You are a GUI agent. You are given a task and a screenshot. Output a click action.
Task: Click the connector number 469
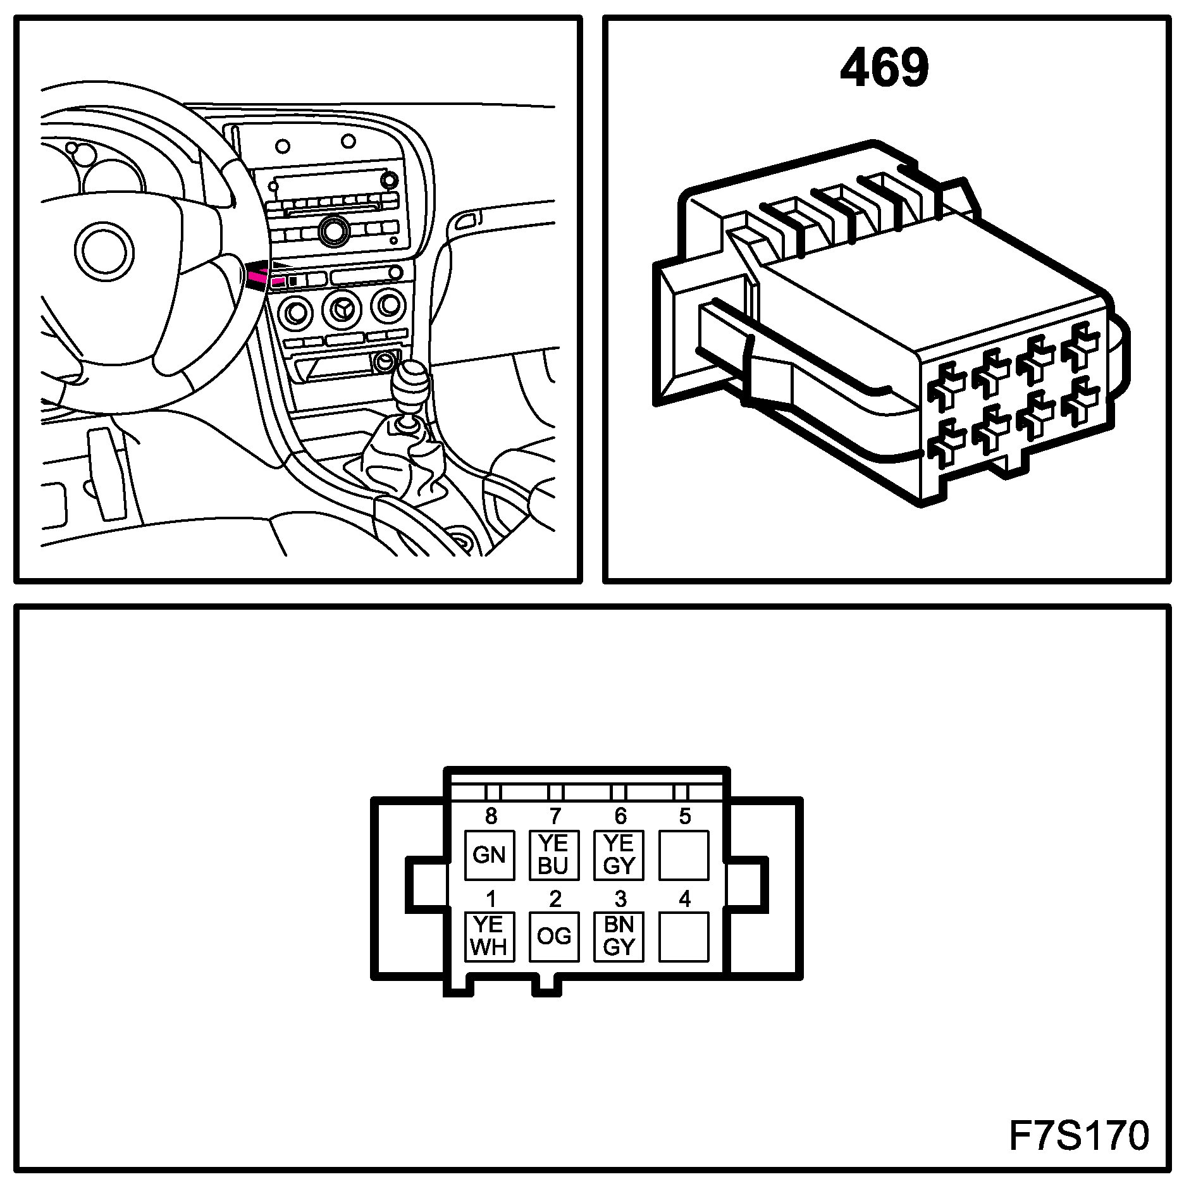click(x=884, y=67)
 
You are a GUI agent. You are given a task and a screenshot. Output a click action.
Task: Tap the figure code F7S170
click(x=1078, y=1135)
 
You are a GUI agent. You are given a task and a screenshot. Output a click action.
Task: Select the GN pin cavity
click(x=489, y=855)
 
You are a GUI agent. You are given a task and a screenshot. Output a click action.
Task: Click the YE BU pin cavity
click(x=553, y=855)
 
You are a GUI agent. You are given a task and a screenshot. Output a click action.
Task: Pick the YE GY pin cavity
click(x=619, y=855)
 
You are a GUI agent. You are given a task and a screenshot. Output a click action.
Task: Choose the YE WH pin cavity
click(x=489, y=936)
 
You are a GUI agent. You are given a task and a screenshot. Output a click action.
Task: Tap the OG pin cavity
click(x=553, y=936)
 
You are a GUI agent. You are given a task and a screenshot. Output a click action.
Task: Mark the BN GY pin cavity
click(x=619, y=936)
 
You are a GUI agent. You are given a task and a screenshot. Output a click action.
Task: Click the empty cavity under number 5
click(x=684, y=855)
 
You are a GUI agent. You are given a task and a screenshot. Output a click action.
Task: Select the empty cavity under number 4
click(x=684, y=936)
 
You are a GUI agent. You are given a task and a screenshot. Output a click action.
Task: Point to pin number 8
click(x=491, y=817)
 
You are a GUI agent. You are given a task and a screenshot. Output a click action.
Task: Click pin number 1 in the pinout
click(x=490, y=899)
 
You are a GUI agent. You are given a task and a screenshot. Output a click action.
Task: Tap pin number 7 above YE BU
click(x=555, y=817)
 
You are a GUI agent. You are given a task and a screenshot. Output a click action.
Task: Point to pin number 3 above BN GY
click(x=620, y=899)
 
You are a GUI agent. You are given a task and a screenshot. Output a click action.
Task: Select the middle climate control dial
click(x=342, y=309)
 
